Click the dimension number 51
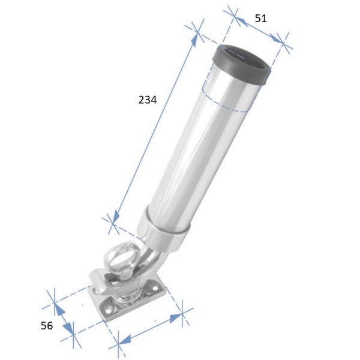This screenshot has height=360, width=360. [261, 18]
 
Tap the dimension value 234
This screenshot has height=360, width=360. [147, 100]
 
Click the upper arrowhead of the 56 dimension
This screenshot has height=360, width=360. [58, 308]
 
